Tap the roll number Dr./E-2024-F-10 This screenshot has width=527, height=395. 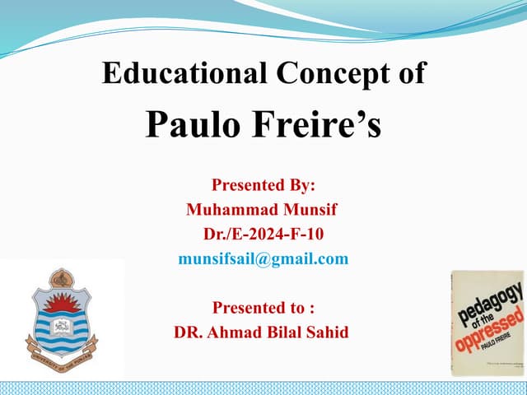tap(263, 235)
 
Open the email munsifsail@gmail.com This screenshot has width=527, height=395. tap(263, 259)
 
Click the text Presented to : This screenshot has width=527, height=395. tap(263, 308)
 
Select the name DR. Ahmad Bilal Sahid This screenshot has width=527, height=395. tap(262, 332)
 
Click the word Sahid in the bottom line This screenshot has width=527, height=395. tap(324, 332)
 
